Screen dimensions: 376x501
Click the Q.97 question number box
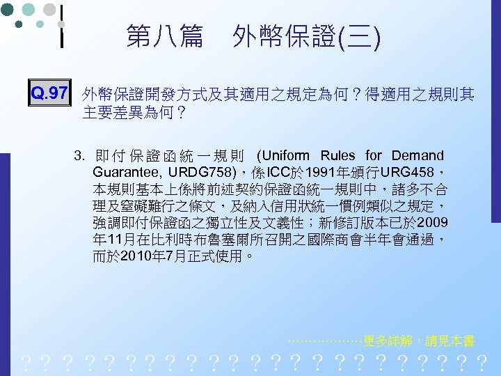(x=50, y=93)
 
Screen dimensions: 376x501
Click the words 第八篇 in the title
(x=164, y=36)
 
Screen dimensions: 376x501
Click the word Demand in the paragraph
(x=417, y=155)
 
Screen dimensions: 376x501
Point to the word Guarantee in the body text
(x=125, y=171)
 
